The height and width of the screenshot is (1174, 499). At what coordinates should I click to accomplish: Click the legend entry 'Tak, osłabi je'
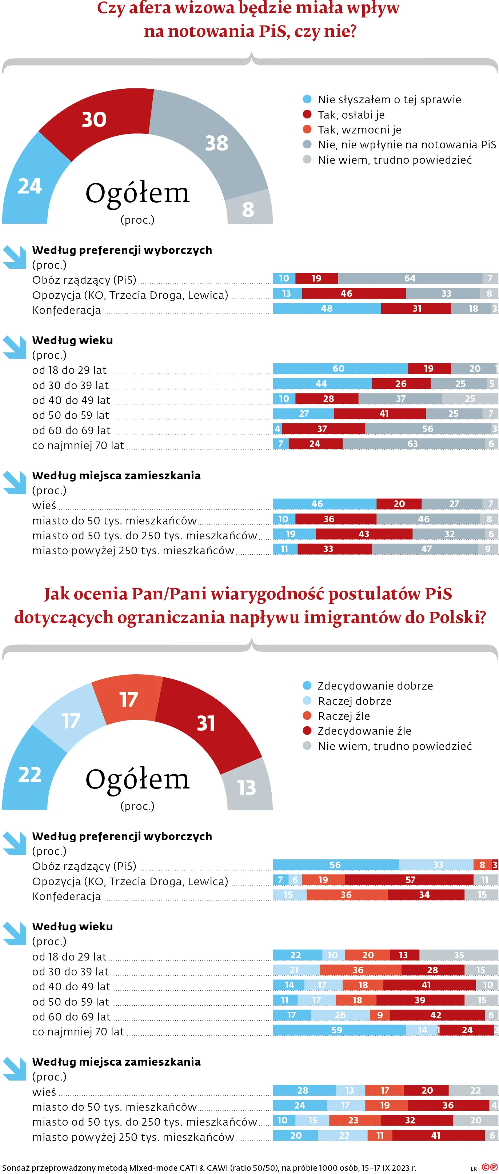pyautogui.click(x=351, y=115)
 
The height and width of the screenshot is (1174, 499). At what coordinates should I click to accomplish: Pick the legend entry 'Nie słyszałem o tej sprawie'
pyautogui.click(x=389, y=100)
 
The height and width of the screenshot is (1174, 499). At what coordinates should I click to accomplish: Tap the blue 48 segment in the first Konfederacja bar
pyautogui.click(x=326, y=308)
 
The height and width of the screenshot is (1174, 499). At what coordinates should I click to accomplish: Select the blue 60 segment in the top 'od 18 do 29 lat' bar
pyautogui.click(x=339, y=369)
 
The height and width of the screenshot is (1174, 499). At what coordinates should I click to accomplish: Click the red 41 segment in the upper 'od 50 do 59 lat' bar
pyautogui.click(x=384, y=414)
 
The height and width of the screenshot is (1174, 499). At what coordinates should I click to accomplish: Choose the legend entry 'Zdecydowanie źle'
pyautogui.click(x=364, y=731)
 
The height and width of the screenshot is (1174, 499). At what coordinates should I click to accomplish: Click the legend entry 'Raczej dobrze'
pyautogui.click(x=354, y=701)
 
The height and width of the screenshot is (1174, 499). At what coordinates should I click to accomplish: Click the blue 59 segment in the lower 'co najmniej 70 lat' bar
pyautogui.click(x=337, y=1030)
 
